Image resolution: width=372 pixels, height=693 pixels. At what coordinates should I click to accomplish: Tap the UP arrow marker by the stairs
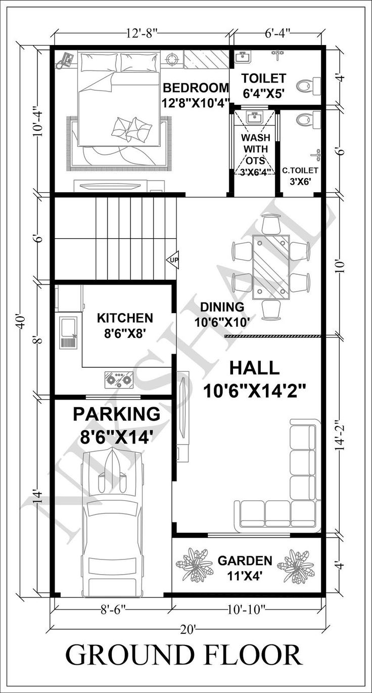(x=172, y=259)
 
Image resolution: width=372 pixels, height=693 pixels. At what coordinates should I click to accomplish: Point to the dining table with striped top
(x=270, y=265)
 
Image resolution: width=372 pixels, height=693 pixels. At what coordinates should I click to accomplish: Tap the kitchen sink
(x=68, y=332)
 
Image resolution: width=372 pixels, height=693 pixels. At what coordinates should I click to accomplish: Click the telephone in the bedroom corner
(x=65, y=60)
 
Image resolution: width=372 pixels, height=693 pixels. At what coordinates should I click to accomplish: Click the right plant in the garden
(x=296, y=566)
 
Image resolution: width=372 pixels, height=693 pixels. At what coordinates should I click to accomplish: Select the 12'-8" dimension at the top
(x=142, y=34)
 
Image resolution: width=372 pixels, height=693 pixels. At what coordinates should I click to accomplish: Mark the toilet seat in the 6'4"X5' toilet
(x=305, y=85)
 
